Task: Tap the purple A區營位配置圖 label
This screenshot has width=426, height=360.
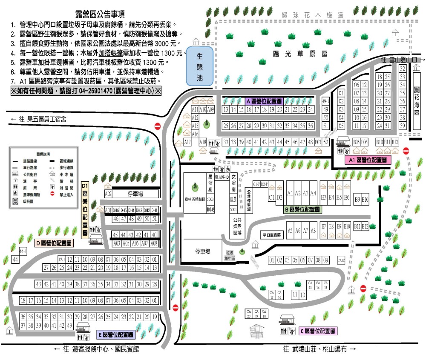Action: pos(264,101)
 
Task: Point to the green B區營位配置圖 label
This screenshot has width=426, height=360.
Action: pos(302,209)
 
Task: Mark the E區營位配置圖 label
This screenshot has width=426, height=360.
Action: pos(116,334)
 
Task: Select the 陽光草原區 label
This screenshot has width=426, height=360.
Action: pos(301,54)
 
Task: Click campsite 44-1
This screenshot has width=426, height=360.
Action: pos(23,251)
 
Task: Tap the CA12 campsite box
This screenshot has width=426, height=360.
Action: pos(341,260)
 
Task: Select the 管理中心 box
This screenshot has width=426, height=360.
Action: pos(222,177)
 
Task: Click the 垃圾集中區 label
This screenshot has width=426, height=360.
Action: pos(231,254)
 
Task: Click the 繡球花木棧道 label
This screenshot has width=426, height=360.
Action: pos(313,15)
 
